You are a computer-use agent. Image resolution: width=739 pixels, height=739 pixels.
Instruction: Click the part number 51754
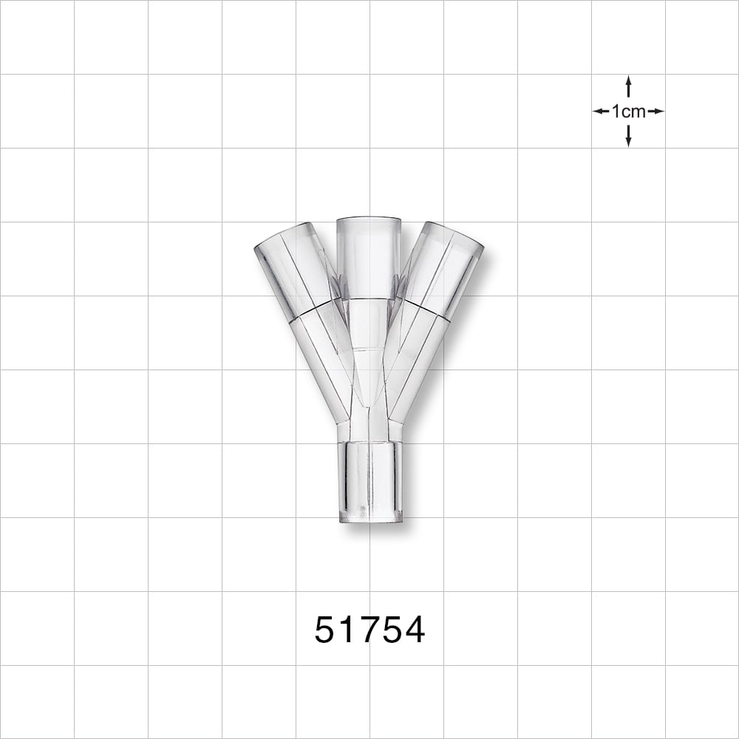369,630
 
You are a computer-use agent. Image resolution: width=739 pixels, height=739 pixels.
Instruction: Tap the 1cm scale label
628,112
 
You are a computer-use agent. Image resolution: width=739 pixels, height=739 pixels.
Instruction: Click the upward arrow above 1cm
628,86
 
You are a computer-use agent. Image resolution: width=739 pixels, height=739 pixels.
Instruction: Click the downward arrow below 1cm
628,136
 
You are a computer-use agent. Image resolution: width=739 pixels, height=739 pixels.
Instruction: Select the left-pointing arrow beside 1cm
601,112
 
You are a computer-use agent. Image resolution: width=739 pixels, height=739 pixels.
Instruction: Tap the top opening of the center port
369,220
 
